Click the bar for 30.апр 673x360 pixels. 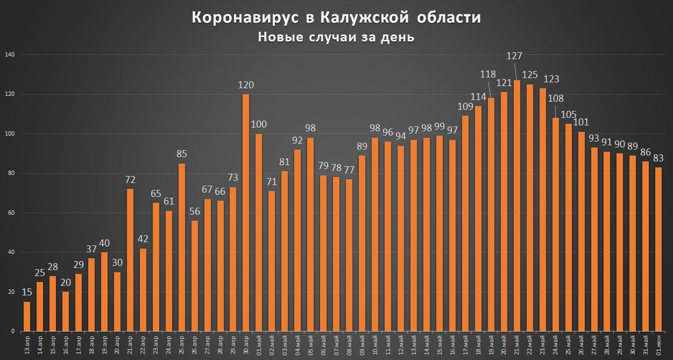tap(246, 213)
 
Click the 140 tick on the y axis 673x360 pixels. tap(10, 55)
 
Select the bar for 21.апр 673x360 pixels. tap(130, 260)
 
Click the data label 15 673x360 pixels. tap(27, 292)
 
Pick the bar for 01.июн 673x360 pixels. tap(659, 249)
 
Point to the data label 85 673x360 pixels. tap(182, 154)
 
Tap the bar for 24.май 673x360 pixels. tap(556, 224)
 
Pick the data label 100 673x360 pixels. tap(259, 124)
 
